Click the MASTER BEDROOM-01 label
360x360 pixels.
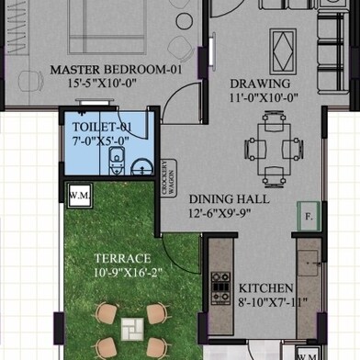click(116, 70)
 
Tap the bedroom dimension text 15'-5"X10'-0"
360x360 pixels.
click(102, 83)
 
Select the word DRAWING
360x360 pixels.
click(260, 84)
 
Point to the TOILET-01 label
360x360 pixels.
click(102, 127)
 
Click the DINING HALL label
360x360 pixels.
click(230, 199)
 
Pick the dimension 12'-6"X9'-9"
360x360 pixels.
click(219, 213)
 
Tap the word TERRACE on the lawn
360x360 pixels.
click(123, 258)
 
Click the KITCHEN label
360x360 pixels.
click(266, 288)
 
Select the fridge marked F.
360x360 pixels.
click(309, 216)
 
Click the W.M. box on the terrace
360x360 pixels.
click(80, 196)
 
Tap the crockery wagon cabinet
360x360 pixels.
click(169, 178)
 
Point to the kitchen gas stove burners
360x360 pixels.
click(220, 288)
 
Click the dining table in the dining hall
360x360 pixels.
click(274, 149)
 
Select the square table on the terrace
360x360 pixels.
click(132, 329)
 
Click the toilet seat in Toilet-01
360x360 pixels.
click(117, 161)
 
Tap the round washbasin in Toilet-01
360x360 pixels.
click(142, 167)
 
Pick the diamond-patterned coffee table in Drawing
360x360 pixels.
click(283, 51)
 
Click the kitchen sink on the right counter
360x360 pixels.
click(309, 263)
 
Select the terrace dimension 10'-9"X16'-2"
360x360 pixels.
click(128, 273)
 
